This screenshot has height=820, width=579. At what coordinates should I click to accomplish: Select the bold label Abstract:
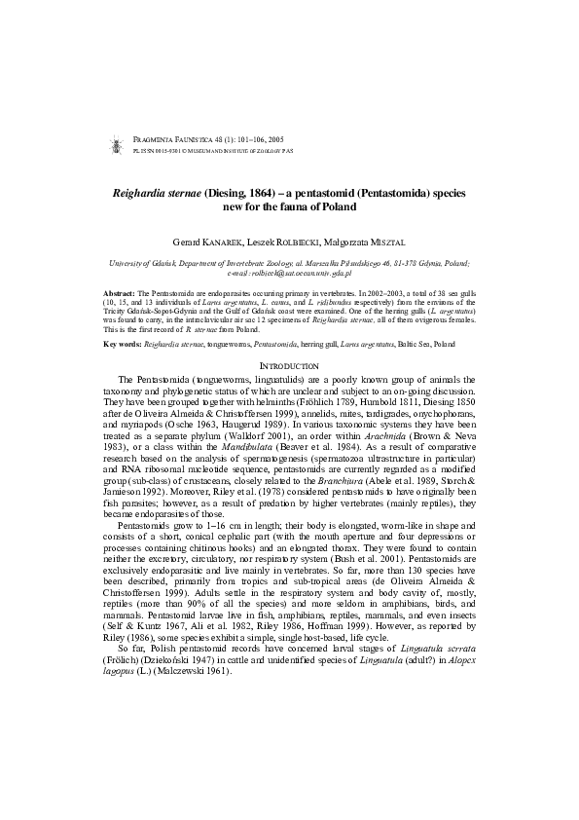[x=119, y=292]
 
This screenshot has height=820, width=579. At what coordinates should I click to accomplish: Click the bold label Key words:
[x=122, y=345]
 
